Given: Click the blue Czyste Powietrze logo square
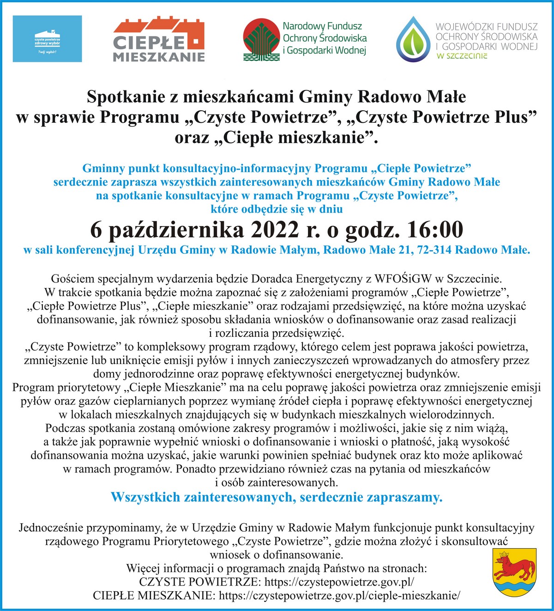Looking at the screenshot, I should [x=47, y=39].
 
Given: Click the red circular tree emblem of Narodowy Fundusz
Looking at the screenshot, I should [x=261, y=40].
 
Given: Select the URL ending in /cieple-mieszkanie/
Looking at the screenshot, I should [x=339, y=595].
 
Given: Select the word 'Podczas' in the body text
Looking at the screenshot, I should [x=64, y=428].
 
